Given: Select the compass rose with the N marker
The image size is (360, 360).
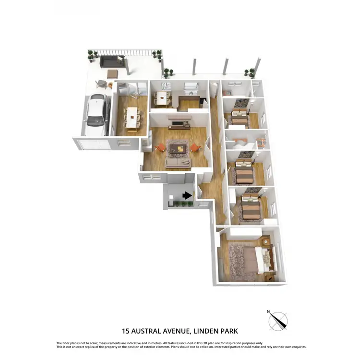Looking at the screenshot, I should [x=278, y=320].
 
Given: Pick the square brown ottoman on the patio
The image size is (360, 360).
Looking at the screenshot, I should [x=113, y=73].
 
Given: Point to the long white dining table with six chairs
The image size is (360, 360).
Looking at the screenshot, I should [x=132, y=117].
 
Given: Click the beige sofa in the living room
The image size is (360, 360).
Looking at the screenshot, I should [x=178, y=163].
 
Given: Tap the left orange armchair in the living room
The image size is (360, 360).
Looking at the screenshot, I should [x=161, y=147].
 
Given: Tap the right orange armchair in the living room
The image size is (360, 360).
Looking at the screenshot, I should [x=195, y=147].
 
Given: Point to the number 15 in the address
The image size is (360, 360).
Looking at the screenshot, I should [x=126, y=331].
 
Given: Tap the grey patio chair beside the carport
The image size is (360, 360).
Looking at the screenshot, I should [x=102, y=84].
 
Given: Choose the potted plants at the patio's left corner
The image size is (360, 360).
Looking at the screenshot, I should [x=92, y=55].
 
